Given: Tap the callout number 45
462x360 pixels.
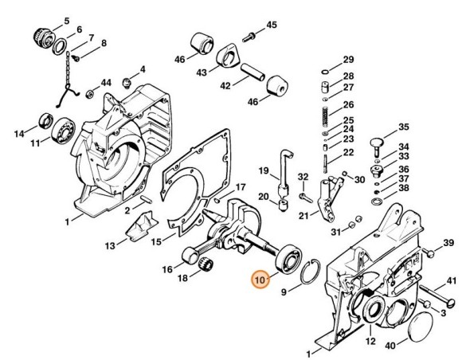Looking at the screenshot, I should click(x=272, y=26).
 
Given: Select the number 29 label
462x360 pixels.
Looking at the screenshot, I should click(x=348, y=60).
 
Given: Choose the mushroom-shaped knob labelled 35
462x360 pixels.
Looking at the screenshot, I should click(x=378, y=143).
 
